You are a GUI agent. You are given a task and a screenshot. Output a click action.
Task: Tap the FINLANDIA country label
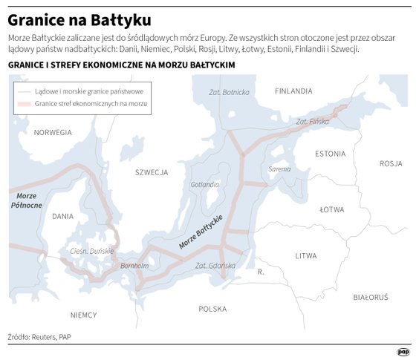tap(293, 91)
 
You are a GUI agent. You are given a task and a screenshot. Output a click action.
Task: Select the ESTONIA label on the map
tap(330, 154)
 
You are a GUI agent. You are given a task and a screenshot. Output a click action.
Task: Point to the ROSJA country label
tap(390, 163)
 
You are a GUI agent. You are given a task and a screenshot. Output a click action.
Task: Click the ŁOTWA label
tap(331, 210)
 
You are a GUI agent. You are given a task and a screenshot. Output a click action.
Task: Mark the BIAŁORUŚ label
tap(371, 297)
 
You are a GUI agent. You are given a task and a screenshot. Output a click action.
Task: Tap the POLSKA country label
tap(213, 308)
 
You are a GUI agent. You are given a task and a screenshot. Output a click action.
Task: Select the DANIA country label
tap(64, 216)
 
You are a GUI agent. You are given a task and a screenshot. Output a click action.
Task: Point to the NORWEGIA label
tap(53, 132)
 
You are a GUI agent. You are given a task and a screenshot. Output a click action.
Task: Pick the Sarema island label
tap(279, 169)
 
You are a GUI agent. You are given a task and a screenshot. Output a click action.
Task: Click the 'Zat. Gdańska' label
tap(215, 265)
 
